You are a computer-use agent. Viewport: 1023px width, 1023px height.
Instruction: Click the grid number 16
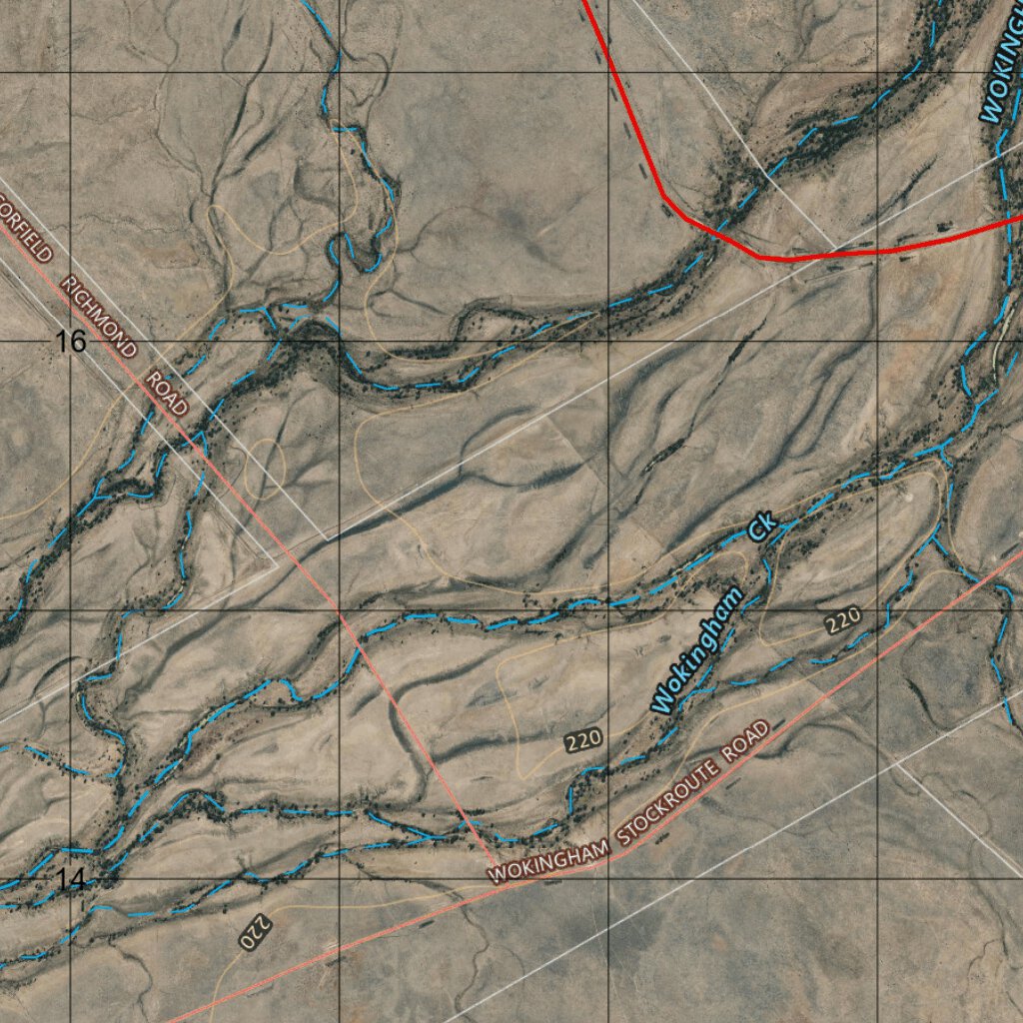point(71,342)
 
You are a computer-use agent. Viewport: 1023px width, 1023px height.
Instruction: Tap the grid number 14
point(71,880)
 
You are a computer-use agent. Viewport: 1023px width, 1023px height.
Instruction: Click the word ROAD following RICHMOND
point(167,392)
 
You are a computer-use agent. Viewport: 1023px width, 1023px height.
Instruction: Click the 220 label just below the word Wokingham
point(582,741)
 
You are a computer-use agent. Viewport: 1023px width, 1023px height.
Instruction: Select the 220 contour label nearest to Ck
point(842,621)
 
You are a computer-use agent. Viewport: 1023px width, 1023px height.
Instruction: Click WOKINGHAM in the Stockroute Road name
point(548,860)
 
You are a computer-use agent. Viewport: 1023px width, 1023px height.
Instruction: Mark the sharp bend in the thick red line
point(663,197)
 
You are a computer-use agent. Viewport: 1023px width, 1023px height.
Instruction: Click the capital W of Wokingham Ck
point(661,701)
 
